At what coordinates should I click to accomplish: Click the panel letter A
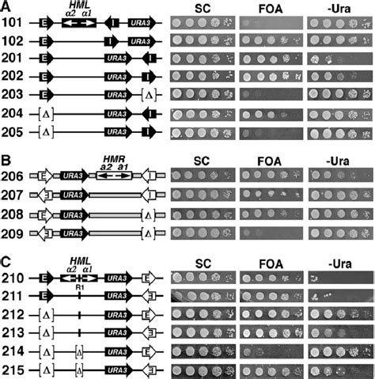pos(6,6)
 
